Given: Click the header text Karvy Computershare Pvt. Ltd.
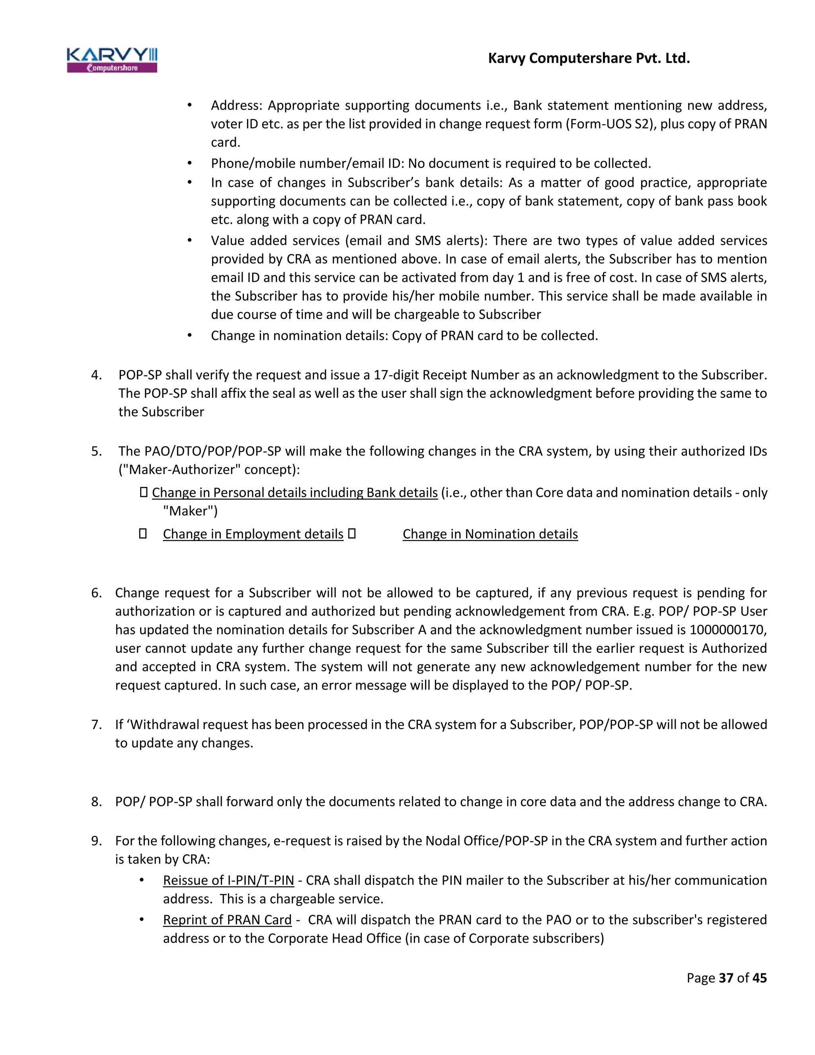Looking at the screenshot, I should [589, 59].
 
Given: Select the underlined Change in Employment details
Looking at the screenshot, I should [253, 534].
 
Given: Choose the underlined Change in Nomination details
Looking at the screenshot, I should [490, 534].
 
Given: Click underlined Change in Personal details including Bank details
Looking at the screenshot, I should [294, 493].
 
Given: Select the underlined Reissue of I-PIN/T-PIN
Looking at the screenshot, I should [228, 881].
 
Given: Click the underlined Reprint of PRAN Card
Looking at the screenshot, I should [227, 920].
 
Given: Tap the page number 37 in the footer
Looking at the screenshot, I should [726, 978].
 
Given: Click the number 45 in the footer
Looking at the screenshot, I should [759, 978].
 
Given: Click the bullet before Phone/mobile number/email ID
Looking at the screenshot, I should [190, 164].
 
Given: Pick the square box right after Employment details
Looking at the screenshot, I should [352, 534].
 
